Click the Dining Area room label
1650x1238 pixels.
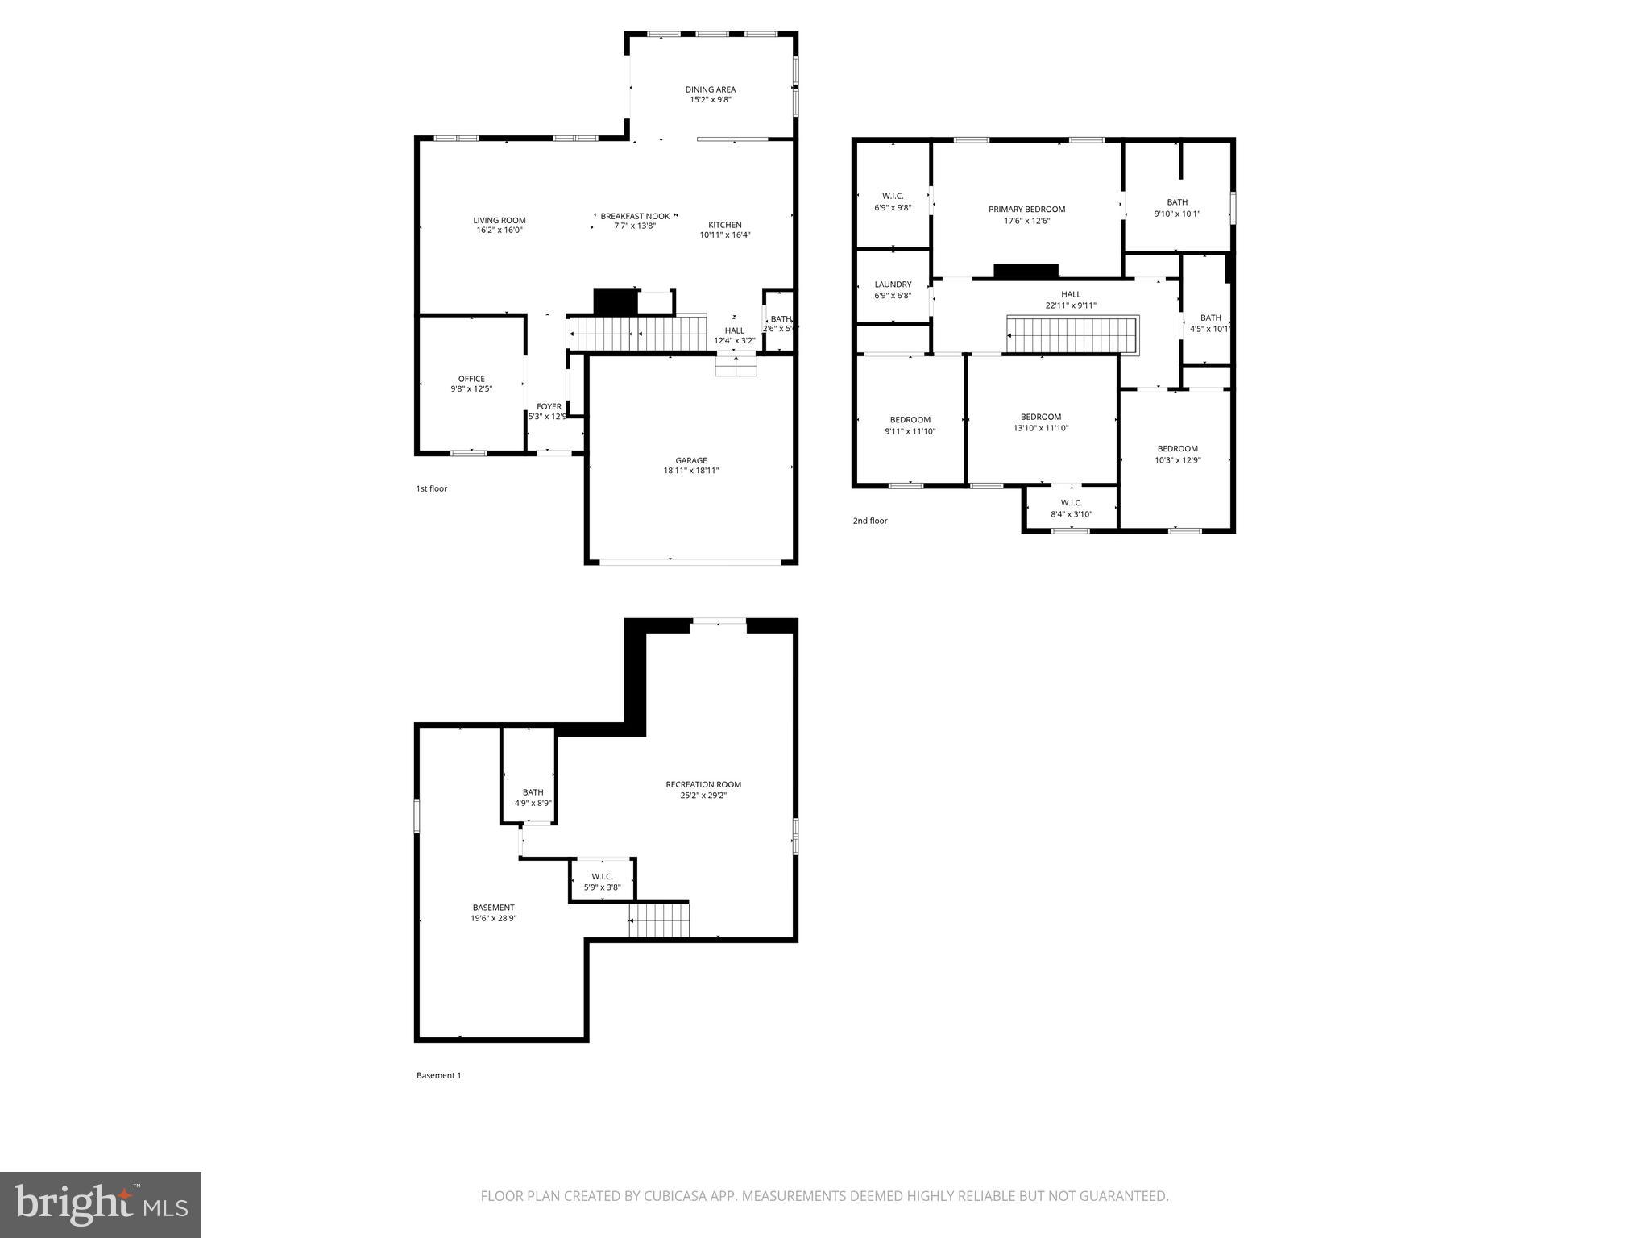(710, 89)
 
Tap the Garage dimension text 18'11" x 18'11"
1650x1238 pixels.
(690, 471)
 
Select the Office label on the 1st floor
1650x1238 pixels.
(471, 379)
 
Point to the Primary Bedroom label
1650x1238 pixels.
(1026, 210)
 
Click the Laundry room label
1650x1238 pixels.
(893, 285)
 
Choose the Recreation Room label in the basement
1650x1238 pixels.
(703, 784)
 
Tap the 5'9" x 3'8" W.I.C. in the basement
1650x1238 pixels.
(602, 882)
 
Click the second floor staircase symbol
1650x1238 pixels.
(1071, 335)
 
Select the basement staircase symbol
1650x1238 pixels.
(659, 920)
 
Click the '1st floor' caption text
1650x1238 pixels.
(431, 488)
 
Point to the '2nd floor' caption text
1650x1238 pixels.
(870, 521)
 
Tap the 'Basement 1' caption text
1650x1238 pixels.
(438, 1075)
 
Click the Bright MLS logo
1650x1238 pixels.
(101, 1204)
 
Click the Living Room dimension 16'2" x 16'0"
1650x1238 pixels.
(499, 231)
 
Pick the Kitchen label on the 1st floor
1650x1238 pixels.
(724, 225)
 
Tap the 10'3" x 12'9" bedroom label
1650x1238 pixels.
(1177, 454)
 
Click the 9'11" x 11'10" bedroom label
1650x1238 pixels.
(910, 426)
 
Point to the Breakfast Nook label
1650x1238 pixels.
(635, 216)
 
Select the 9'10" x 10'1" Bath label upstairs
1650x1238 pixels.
(1177, 208)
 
